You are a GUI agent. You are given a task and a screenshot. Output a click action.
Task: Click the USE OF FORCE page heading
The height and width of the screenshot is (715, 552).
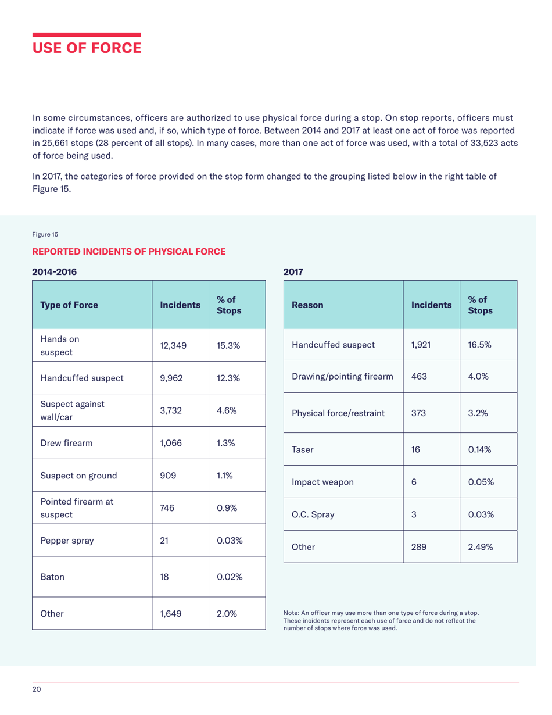(x=86, y=47)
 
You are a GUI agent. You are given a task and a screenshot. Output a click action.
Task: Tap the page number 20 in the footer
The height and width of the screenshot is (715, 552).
(x=37, y=689)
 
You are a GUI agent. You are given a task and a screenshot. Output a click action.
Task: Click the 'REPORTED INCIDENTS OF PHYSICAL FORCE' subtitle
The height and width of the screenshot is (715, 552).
(x=128, y=251)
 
